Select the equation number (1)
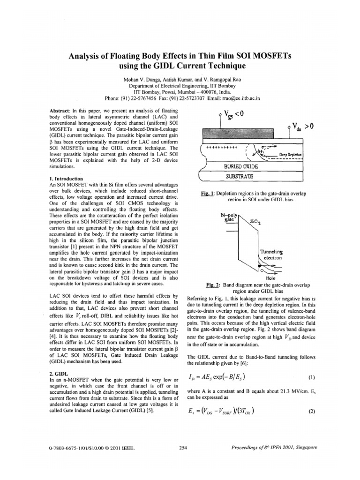(x=311, y=376)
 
